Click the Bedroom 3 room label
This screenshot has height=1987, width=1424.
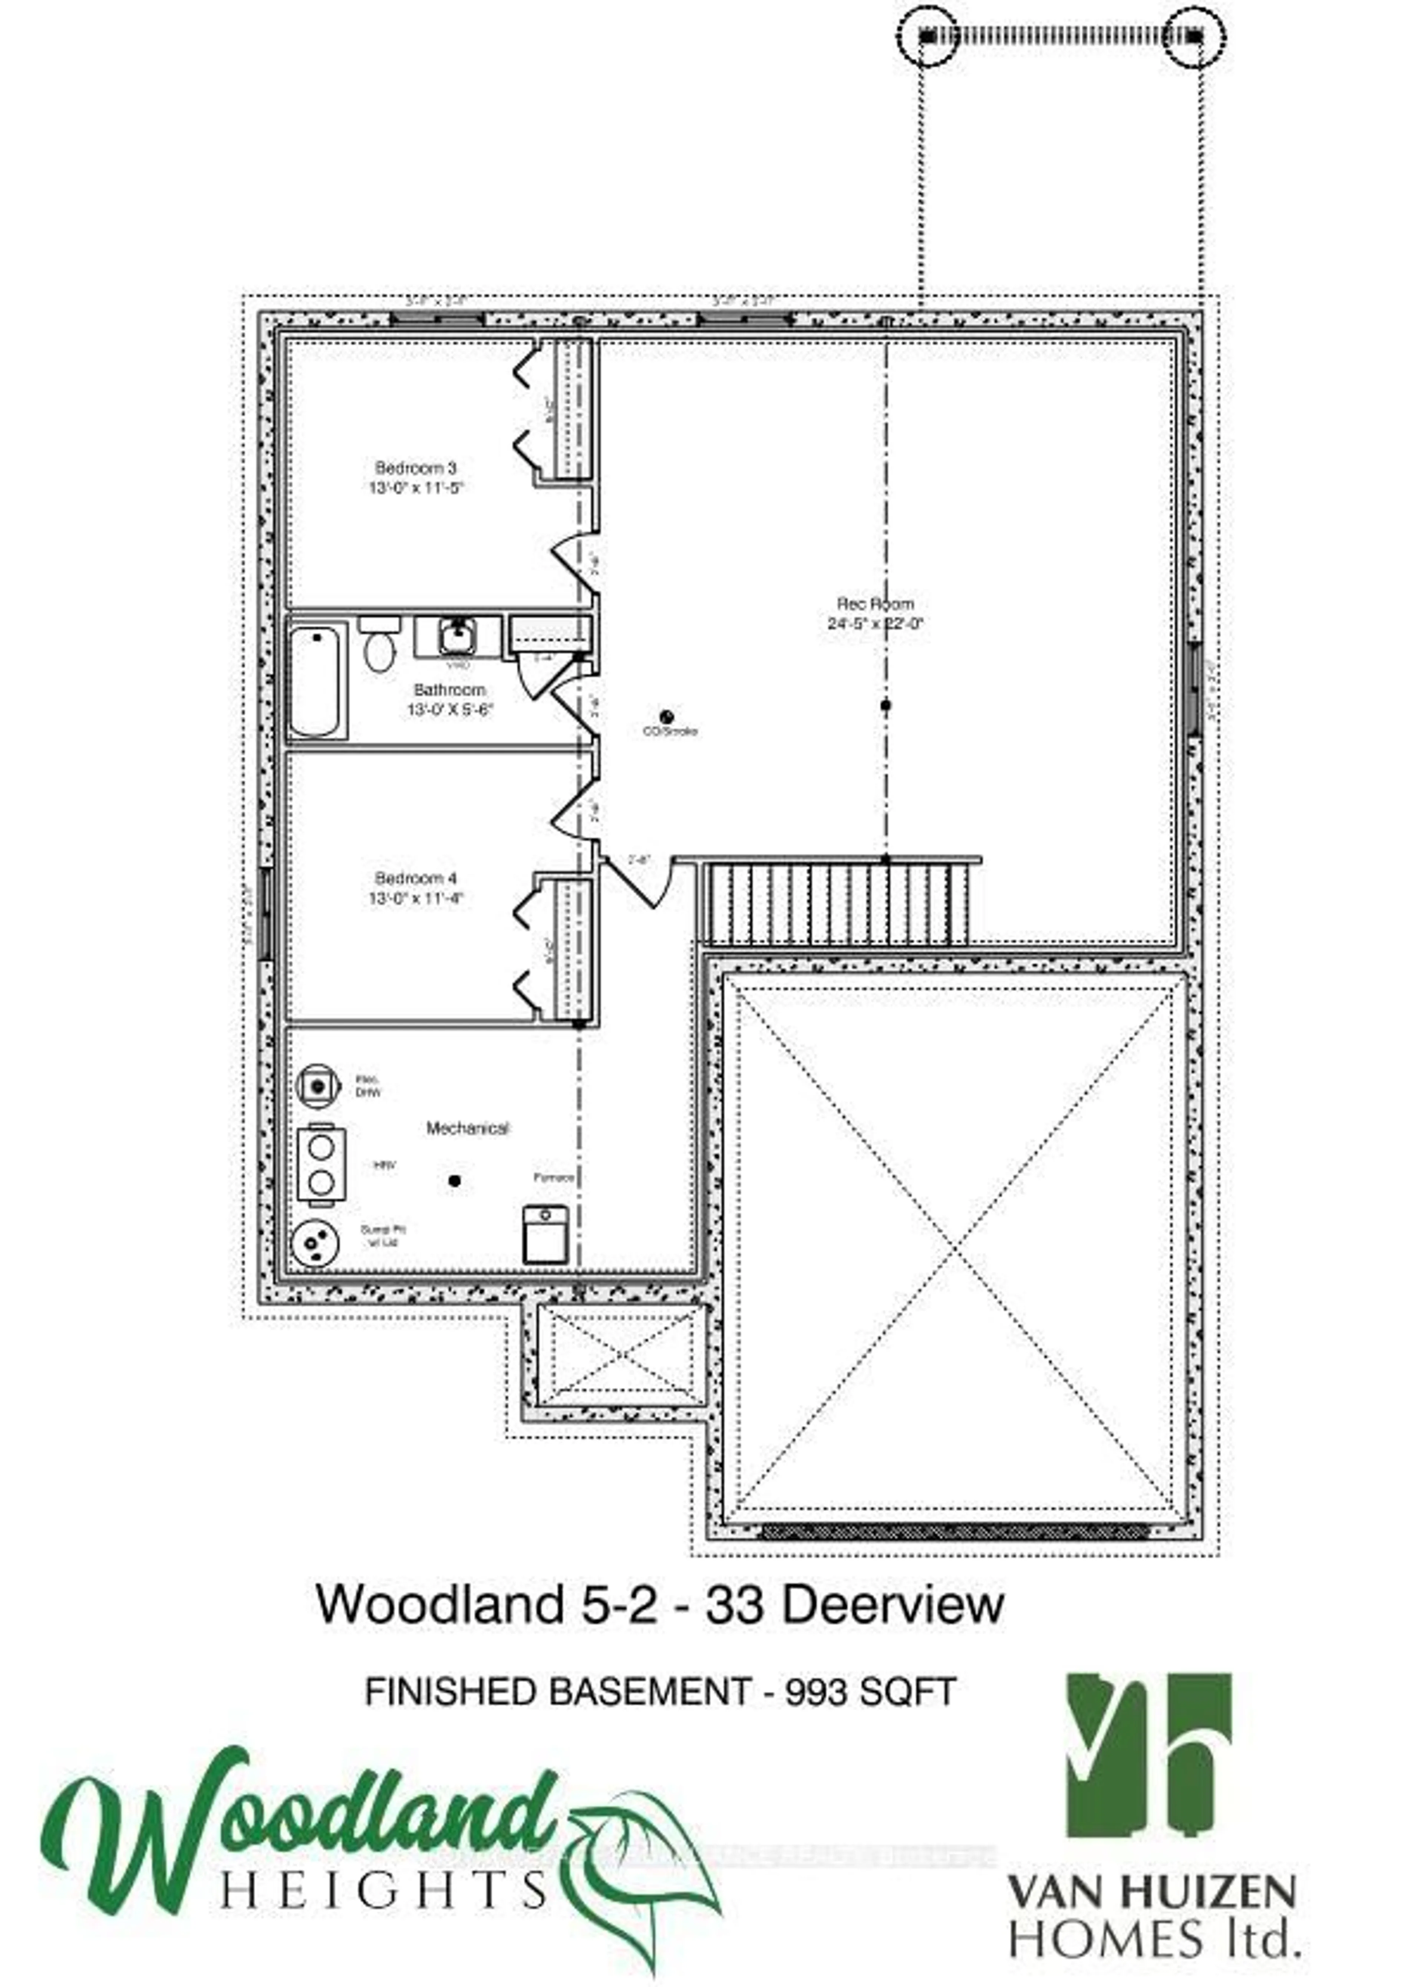point(415,468)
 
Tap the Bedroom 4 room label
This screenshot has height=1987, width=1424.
point(415,878)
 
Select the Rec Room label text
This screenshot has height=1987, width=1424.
point(875,603)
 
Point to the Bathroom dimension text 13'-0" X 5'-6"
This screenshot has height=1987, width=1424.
point(449,710)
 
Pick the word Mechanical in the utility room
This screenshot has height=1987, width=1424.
point(467,1128)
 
